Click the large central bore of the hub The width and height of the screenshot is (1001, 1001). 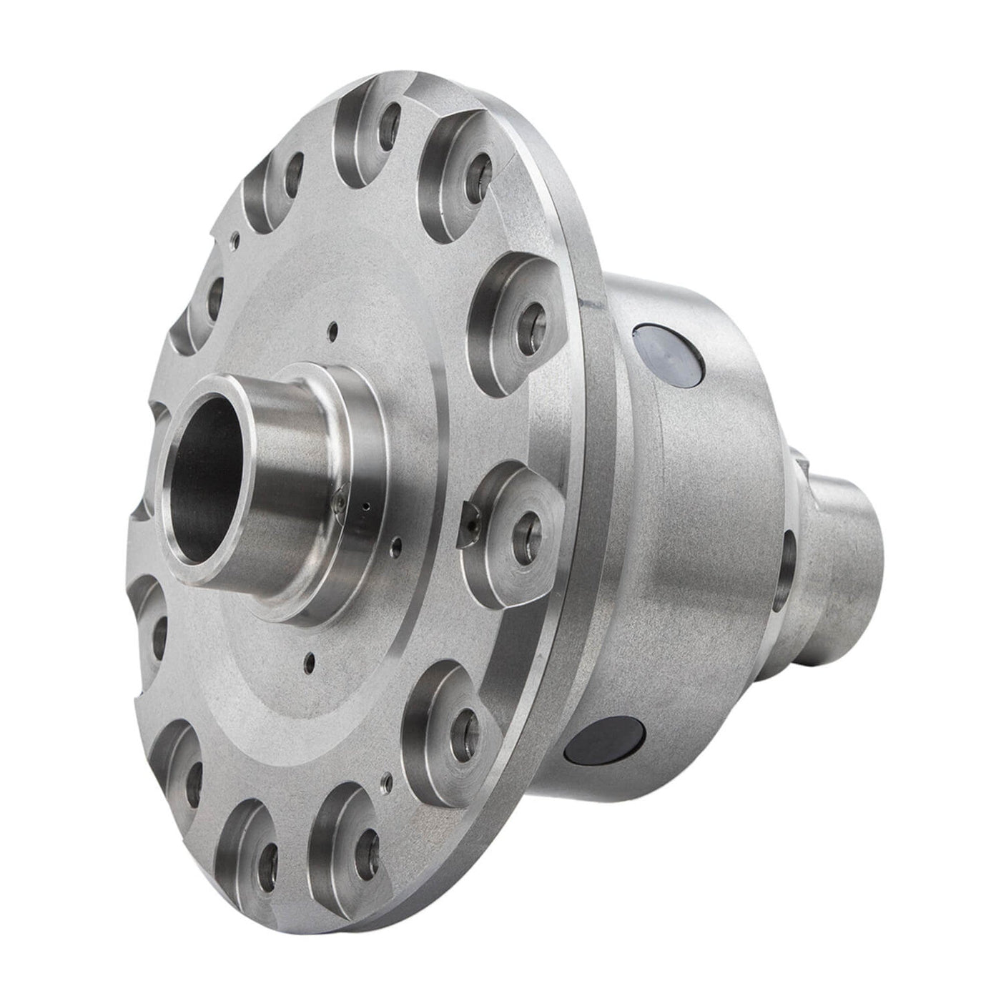[204, 472]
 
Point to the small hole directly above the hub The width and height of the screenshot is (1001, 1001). [331, 330]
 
